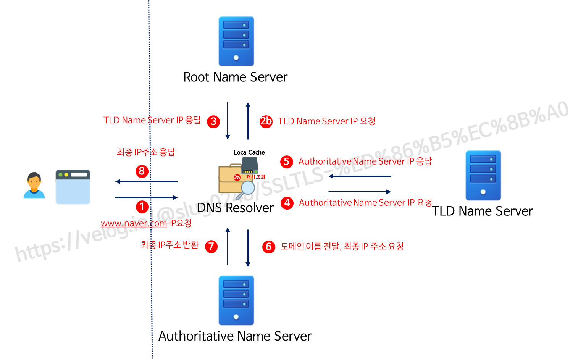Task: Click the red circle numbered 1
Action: (142, 207)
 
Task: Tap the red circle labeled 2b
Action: (266, 121)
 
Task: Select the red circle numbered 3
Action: (213, 122)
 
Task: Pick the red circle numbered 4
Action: (287, 203)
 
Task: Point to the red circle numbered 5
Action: (286, 161)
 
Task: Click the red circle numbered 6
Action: (268, 247)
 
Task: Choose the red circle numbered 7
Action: (211, 246)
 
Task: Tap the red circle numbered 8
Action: (142, 171)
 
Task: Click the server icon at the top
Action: (236, 41)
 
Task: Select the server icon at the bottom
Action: (236, 300)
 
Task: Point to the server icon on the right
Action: (483, 175)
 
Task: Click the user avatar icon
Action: (34, 186)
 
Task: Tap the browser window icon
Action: (73, 187)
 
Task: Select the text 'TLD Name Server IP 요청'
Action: (327, 121)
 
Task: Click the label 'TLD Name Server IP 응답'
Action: (152, 120)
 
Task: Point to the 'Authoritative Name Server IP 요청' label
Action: (365, 203)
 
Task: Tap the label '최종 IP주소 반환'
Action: (170, 245)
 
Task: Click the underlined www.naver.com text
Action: (134, 223)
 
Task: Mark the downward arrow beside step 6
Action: (248, 248)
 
